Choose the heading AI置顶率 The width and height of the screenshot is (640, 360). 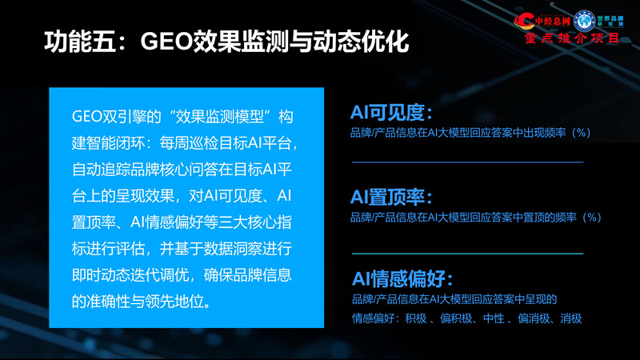coord(391,197)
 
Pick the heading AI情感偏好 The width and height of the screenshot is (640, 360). coord(402,279)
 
